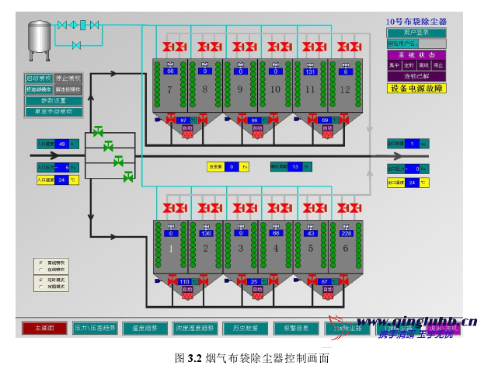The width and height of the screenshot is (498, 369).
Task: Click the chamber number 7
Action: [x=169, y=89]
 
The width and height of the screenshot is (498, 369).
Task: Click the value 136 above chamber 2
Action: [x=206, y=232]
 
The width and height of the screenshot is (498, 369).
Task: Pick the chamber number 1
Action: [x=169, y=249]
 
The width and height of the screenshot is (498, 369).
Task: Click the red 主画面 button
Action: [x=44, y=328]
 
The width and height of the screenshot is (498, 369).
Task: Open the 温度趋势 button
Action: [x=145, y=328]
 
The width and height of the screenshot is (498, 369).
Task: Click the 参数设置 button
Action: [x=53, y=100]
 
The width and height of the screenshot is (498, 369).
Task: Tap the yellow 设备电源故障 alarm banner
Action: [x=416, y=89]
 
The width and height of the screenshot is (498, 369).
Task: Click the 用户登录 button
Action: [x=416, y=33]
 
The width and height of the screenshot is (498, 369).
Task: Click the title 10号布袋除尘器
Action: [x=416, y=22]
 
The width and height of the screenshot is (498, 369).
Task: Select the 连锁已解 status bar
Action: [x=416, y=76]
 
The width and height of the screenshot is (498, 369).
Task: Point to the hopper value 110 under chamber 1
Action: [x=184, y=281]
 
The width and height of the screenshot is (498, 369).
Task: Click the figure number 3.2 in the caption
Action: [x=194, y=359]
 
